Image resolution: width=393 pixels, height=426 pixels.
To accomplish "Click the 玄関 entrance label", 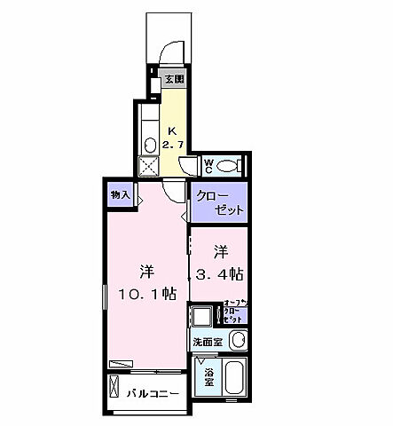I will point(174,80).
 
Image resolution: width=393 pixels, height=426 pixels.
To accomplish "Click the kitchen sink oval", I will point(149,144).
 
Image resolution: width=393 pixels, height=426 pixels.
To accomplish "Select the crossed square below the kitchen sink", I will point(148,165).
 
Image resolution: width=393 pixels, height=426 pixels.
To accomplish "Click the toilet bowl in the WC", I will point(229,164).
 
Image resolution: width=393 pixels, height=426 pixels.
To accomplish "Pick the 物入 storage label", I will point(121,193).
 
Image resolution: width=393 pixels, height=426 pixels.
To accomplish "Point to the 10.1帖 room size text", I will point(145,292).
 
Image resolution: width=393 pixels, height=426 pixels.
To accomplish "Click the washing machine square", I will point(204,316).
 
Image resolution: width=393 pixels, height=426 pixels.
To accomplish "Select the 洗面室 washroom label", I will point(208,342).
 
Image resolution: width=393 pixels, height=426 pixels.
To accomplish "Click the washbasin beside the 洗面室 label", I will point(236,341).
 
